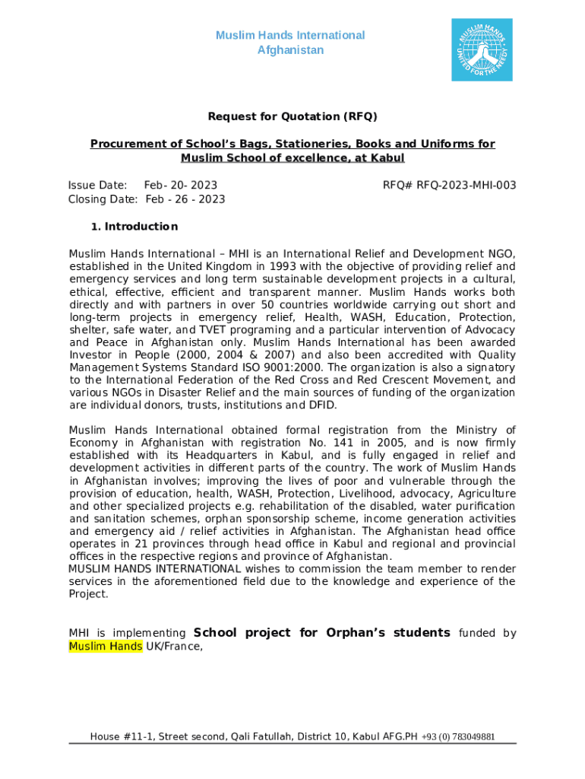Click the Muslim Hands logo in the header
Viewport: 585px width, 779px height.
pyautogui.click(x=482, y=49)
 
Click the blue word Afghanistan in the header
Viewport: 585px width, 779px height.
pyautogui.click(x=290, y=50)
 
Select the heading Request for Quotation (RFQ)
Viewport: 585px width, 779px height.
pyautogui.click(x=292, y=116)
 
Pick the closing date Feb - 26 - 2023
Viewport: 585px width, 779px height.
pyautogui.click(x=185, y=199)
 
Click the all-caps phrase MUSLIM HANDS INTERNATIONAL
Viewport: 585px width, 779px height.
pyautogui.click(x=156, y=568)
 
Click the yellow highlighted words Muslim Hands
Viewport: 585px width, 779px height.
pyautogui.click(x=105, y=647)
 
